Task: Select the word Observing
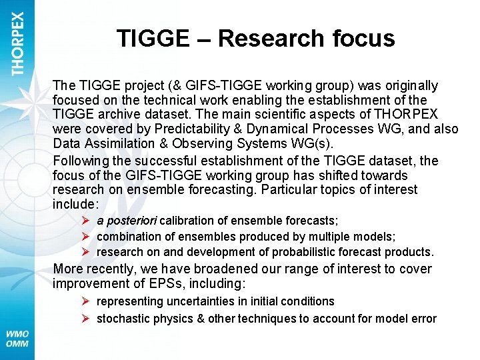click(201, 144)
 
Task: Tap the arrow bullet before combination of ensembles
click(85, 237)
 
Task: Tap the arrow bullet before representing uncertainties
click(85, 301)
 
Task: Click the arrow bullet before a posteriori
click(85, 221)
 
